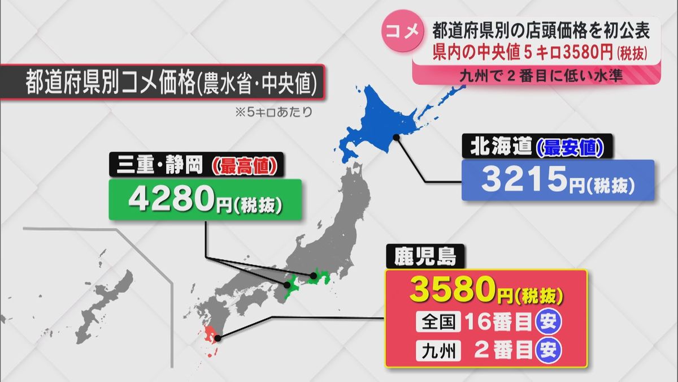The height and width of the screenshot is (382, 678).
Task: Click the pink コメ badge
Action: [402, 32]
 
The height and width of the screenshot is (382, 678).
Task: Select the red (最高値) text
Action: [244, 167]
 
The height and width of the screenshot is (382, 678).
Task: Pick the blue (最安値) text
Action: [569, 147]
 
